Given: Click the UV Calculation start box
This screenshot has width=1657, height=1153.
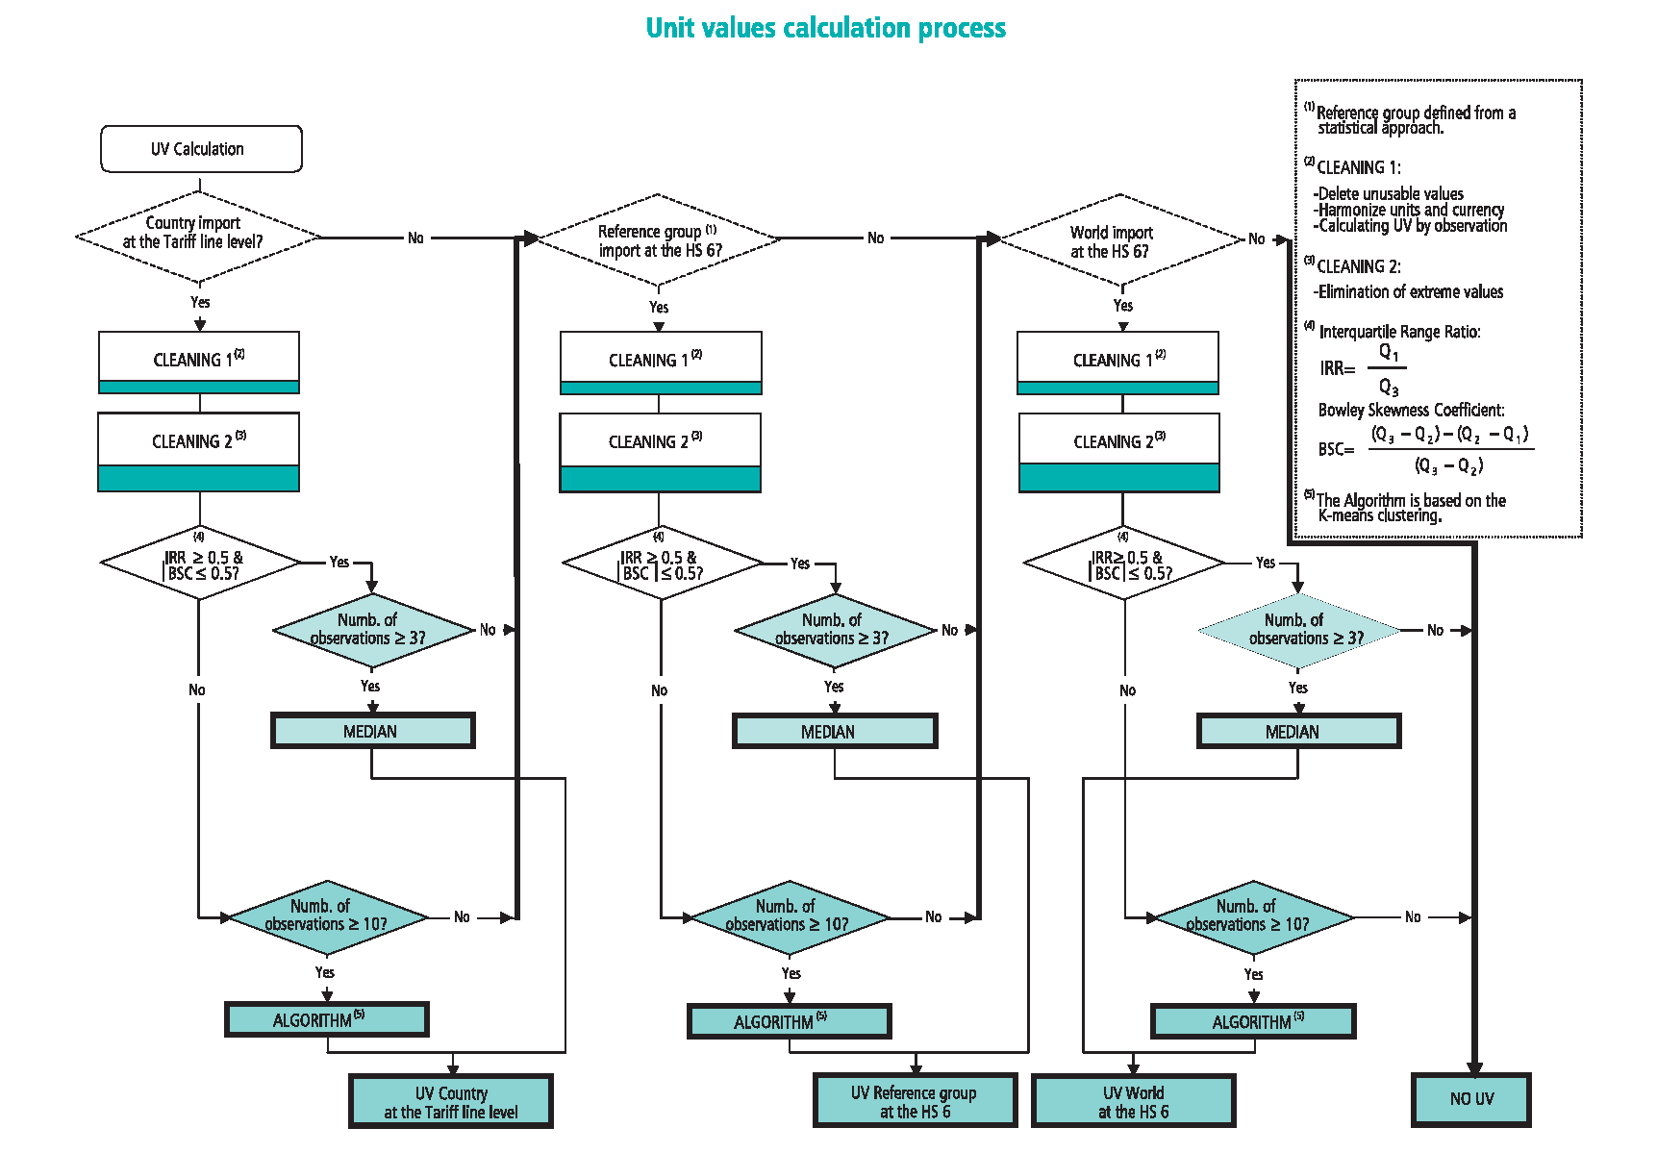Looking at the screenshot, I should pos(201,149).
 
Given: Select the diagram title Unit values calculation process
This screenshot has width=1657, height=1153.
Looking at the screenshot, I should pos(825,28).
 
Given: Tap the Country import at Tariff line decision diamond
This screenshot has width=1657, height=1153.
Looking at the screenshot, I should pos(198,234).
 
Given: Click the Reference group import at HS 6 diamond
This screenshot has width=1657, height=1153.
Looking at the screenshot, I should pos(659,240).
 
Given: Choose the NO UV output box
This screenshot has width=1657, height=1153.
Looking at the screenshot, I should pos(1471,1099).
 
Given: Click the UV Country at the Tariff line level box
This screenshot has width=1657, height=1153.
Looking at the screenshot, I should pos(451,1102).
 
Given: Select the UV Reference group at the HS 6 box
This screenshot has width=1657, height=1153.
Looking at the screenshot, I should pos(914,1102).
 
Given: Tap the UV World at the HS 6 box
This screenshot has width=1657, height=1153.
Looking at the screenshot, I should pos(1134,1102).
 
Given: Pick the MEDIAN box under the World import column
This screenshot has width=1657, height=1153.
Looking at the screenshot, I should pos(1298,732).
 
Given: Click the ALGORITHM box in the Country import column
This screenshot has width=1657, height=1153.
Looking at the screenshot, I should pos(327,1020).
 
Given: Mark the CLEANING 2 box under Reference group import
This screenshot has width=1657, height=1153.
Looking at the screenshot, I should pos(660,452).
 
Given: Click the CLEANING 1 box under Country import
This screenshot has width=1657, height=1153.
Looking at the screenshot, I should pos(199,362).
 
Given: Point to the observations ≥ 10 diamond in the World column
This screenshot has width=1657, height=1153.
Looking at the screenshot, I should pos(1253,916).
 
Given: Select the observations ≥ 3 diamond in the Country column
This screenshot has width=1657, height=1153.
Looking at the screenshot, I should pos(373,630).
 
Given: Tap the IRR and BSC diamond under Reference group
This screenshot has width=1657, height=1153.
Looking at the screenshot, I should pos(662,564).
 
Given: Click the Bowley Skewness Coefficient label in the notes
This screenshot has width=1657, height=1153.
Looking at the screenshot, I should pos(1411,410).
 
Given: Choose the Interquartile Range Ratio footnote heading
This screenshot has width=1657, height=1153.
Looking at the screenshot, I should pos(1399,332).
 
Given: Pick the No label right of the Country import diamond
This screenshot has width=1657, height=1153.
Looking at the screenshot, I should pos(415,238).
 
